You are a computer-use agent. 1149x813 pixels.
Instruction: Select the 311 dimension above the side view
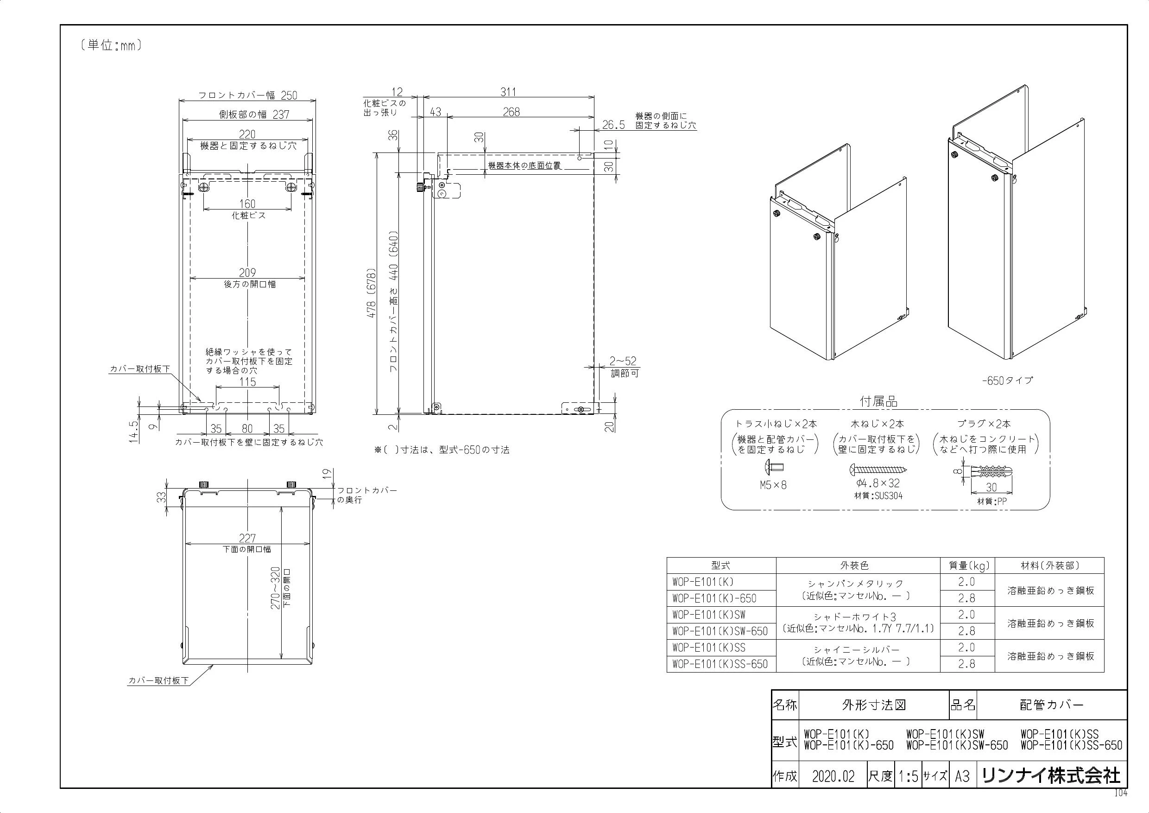coord(508,92)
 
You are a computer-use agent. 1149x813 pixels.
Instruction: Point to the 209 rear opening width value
coord(247,273)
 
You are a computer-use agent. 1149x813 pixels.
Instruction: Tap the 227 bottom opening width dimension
coord(247,538)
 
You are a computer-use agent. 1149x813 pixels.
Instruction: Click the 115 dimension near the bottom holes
coord(248,382)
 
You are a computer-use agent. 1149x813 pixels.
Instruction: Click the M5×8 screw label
coord(773,485)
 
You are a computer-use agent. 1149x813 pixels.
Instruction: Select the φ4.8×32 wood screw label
coord(878,483)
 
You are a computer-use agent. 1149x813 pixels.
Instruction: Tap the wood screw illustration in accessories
coord(878,470)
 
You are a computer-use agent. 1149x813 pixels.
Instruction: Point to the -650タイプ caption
coord(1007,381)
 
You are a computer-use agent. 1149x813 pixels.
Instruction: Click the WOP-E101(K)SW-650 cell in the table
coord(720,631)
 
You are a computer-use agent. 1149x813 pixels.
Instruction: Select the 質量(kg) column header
coord(968,565)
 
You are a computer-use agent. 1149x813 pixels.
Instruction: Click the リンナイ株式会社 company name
coord(1051,776)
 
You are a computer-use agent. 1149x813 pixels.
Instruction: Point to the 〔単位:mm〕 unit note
coord(111,45)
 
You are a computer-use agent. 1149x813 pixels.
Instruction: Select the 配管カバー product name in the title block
coord(1051,705)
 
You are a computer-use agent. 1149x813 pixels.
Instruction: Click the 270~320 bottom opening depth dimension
coord(276,588)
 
